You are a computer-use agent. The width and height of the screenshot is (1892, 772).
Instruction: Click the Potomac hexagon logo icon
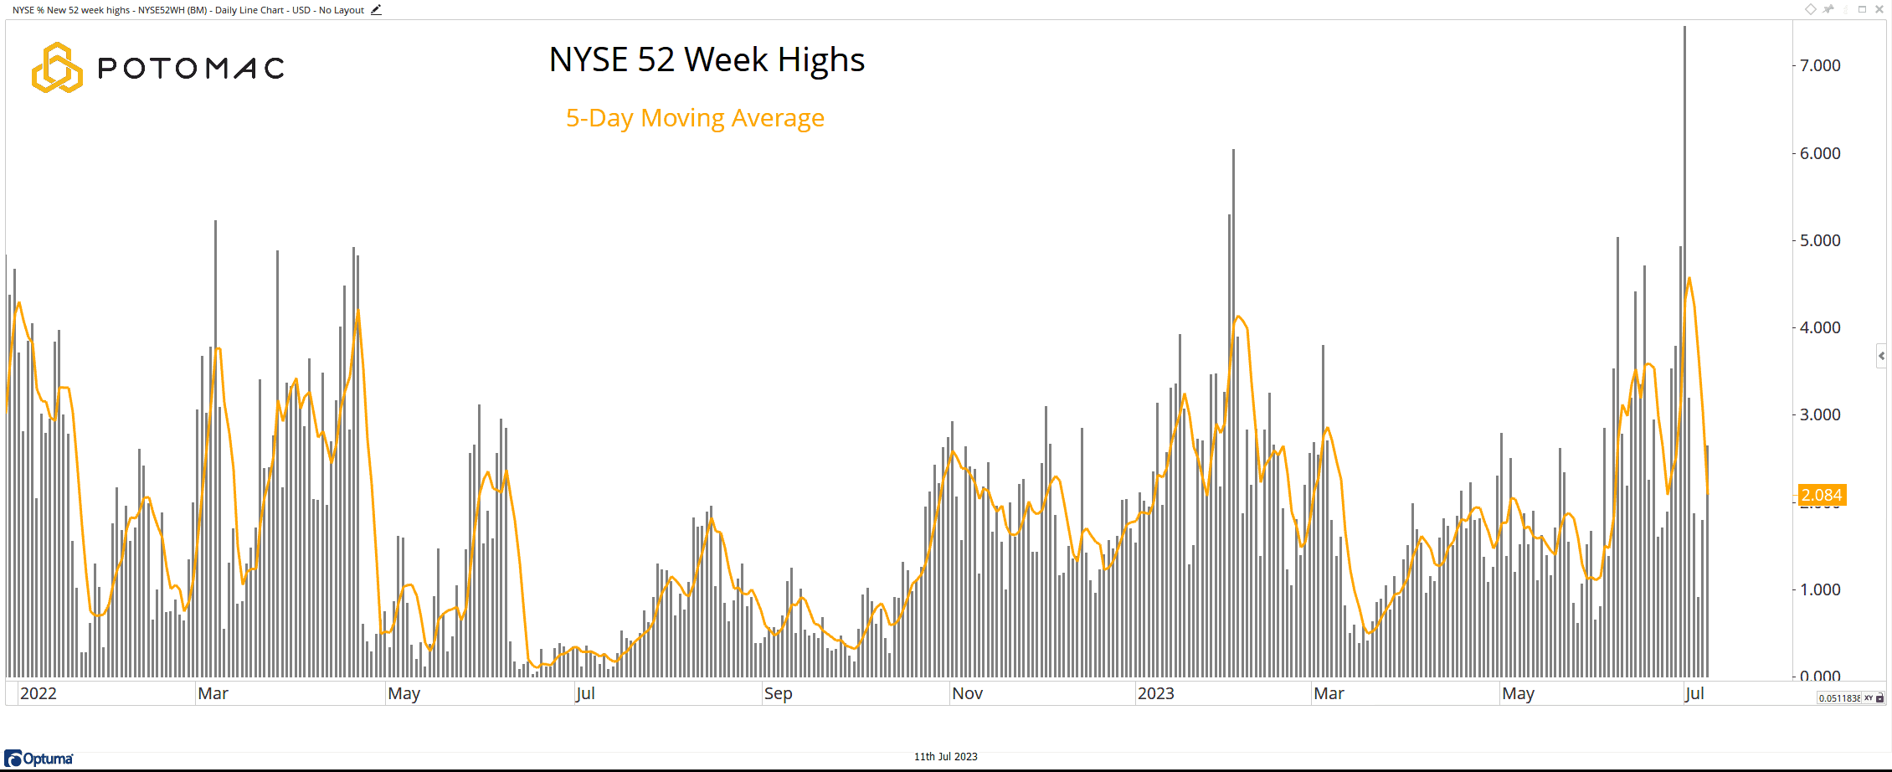(57, 67)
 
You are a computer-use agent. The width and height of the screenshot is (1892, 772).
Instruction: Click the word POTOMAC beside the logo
(191, 68)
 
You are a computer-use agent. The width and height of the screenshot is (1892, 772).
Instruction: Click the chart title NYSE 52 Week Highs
(707, 59)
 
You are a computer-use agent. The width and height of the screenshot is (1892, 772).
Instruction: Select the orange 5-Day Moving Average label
(695, 118)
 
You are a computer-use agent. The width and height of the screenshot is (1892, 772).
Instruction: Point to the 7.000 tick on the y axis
(1820, 65)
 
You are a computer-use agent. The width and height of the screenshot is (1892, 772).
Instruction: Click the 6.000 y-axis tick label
(1820, 153)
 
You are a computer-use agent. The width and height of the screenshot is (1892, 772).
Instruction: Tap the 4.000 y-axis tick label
(1820, 327)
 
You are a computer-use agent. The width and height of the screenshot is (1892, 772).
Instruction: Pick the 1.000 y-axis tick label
(1820, 589)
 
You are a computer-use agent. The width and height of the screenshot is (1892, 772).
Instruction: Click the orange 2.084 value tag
(1822, 495)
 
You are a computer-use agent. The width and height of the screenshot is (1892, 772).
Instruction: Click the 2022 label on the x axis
(39, 693)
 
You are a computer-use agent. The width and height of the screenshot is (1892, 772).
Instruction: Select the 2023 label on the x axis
(1155, 693)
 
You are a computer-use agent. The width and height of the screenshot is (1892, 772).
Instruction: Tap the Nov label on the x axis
(967, 693)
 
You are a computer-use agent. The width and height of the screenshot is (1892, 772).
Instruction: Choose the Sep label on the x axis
(778, 693)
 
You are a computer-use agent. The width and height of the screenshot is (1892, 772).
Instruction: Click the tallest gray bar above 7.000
(1684, 33)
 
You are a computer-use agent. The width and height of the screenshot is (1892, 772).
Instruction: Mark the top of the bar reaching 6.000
(1233, 152)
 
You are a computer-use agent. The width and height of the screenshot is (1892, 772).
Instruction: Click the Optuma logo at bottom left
(39, 759)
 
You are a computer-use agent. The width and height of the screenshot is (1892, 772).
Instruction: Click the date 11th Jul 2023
(945, 757)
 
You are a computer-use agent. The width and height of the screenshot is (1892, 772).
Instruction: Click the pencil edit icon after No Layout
(376, 10)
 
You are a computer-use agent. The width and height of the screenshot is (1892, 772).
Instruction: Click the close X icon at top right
(1879, 9)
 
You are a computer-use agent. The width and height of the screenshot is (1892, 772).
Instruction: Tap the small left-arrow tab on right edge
(1881, 356)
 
